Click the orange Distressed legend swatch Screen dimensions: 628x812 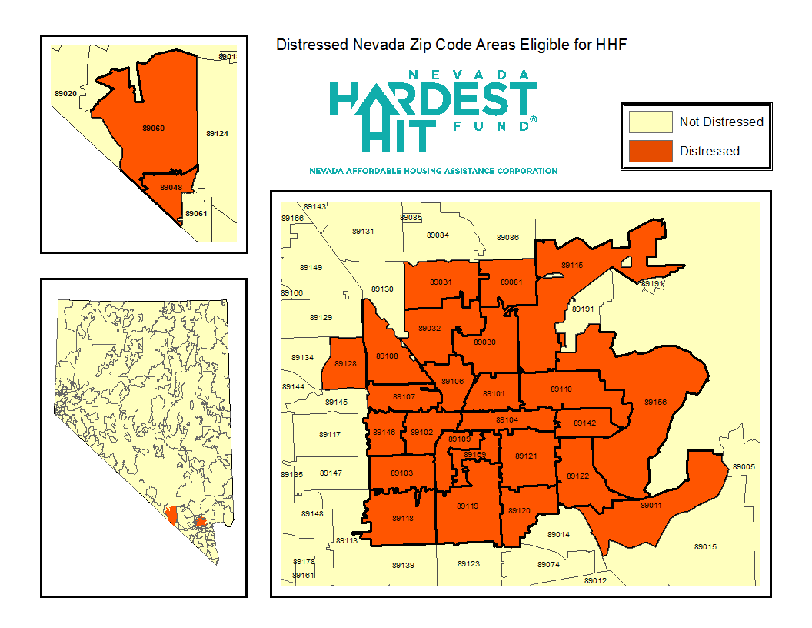(x=650, y=151)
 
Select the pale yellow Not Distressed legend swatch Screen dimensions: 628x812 (x=650, y=122)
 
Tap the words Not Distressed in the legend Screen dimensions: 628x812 (x=721, y=122)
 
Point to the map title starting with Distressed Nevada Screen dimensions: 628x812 (x=452, y=45)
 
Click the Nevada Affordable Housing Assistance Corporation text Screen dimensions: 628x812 (x=433, y=171)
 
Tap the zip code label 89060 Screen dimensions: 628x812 (x=153, y=128)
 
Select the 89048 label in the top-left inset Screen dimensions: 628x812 (x=171, y=187)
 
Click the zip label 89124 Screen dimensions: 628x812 (x=217, y=134)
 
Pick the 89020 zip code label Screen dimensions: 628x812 (x=65, y=93)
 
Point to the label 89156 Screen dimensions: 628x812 (x=655, y=402)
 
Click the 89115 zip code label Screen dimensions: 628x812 (x=572, y=265)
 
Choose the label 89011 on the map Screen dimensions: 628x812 (x=651, y=505)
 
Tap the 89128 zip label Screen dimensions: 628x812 (x=345, y=363)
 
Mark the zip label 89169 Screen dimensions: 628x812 (x=474, y=455)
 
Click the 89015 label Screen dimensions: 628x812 (x=705, y=546)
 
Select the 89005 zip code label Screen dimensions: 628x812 (x=744, y=466)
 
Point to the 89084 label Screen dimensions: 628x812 (x=438, y=235)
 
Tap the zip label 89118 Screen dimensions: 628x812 (x=402, y=518)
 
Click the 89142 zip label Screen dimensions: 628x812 (x=585, y=423)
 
